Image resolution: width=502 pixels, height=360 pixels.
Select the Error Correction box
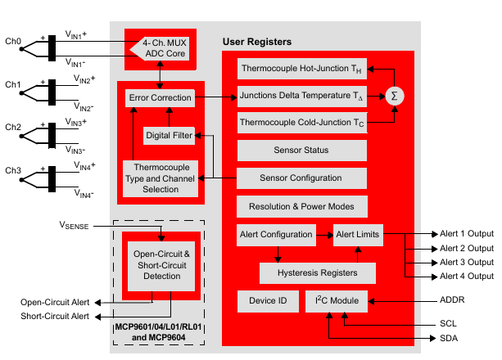[160, 98]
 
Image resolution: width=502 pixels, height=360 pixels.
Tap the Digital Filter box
[169, 133]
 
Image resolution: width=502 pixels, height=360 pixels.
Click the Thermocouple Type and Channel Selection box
[160, 178]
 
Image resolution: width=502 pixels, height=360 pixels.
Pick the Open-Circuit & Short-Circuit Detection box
[160, 265]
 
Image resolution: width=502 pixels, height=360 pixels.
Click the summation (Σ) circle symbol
[396, 97]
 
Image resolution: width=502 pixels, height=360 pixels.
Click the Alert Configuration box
[275, 234]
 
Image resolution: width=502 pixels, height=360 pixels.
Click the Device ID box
[268, 300]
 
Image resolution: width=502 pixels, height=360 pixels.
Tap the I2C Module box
[337, 300]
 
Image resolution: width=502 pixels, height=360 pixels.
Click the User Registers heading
[257, 42]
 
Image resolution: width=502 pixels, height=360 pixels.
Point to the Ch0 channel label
[13, 41]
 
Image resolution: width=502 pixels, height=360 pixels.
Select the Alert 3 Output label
[467, 262]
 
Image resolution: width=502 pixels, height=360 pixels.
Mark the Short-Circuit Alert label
[55, 317]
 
